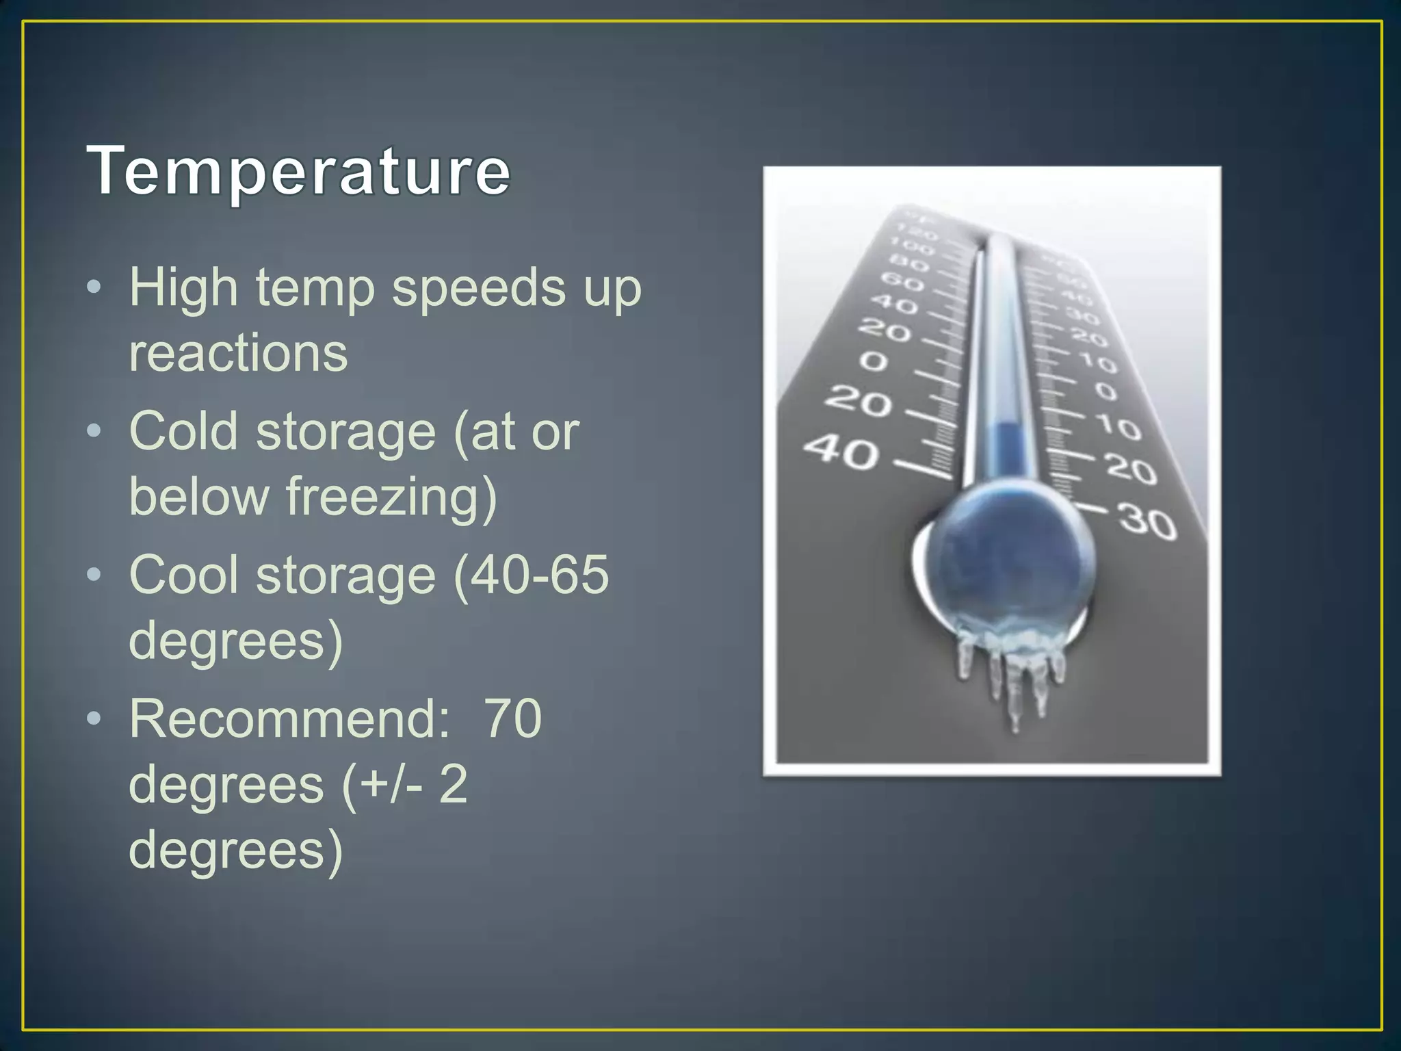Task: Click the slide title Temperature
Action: [x=299, y=171]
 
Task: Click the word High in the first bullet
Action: [x=183, y=289]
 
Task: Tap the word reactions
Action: [x=238, y=354]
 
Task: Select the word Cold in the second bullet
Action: [x=183, y=432]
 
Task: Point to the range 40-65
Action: [x=531, y=575]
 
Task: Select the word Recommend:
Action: [x=290, y=719]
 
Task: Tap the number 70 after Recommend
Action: [x=513, y=719]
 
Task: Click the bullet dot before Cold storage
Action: [x=94, y=431]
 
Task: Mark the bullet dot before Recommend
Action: [x=94, y=718]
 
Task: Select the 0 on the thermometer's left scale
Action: [x=874, y=361]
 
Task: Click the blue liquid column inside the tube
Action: [x=1007, y=448]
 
